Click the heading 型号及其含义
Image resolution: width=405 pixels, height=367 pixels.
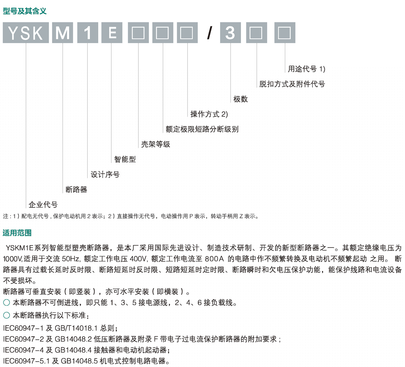click(x=25, y=11)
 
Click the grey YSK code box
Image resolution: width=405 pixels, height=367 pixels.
click(x=26, y=33)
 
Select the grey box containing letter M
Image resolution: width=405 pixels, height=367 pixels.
click(x=62, y=33)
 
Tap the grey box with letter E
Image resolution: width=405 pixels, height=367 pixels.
click(x=112, y=33)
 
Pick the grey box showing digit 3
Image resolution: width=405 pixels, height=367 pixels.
click(x=231, y=33)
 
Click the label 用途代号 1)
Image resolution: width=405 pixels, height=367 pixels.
click(x=306, y=69)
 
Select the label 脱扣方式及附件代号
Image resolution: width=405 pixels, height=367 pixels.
click(x=292, y=84)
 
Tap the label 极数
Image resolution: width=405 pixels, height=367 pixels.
click(x=240, y=99)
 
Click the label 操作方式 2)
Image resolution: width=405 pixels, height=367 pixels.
click(x=209, y=114)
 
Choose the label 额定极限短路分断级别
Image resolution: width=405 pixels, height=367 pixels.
click(x=202, y=129)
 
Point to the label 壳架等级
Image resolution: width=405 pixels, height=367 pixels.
click(x=156, y=144)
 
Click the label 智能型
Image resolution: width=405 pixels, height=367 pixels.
click(x=125, y=159)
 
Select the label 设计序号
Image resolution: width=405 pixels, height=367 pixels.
click(x=105, y=174)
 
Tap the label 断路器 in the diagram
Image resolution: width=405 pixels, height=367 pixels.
click(x=76, y=190)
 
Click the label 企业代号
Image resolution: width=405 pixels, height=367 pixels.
click(x=43, y=205)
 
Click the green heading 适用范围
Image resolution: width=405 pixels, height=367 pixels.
click(x=17, y=233)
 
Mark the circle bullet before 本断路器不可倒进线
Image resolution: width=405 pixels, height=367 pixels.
click(x=7, y=303)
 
